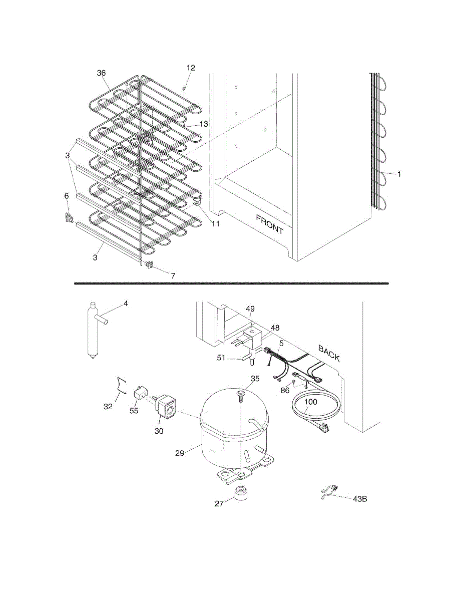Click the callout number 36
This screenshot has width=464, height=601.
click(101, 73)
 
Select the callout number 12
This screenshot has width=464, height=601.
click(191, 68)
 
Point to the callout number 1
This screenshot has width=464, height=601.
click(399, 174)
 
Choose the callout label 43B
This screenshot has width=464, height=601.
click(360, 499)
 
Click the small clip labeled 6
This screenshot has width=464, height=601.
click(69, 218)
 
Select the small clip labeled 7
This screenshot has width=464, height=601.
click(149, 265)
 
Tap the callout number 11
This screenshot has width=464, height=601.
click(215, 224)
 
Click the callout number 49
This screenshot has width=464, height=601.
click(250, 309)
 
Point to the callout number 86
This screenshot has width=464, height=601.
click(285, 390)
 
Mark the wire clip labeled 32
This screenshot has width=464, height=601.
click(120, 387)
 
